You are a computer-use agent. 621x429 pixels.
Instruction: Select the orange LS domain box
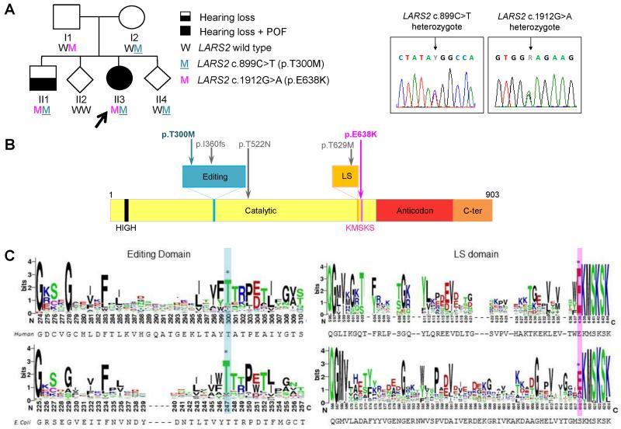click(x=345, y=176)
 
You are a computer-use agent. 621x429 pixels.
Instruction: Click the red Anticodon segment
click(x=413, y=211)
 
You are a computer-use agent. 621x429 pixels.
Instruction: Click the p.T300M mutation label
click(x=181, y=135)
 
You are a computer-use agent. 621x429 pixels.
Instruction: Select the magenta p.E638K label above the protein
click(x=361, y=135)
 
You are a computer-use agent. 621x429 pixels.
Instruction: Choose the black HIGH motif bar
click(x=126, y=211)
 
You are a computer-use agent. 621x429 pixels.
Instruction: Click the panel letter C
click(x=9, y=255)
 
